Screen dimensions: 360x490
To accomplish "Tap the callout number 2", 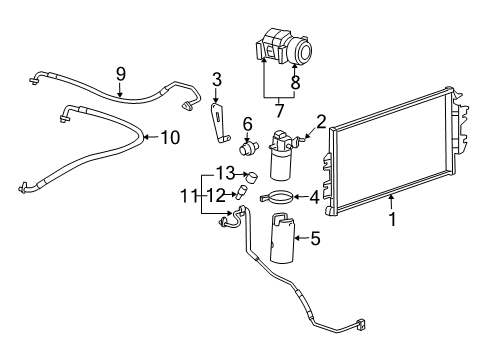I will pyautogui.click(x=321, y=122).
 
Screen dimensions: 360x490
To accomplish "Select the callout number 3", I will pyautogui.click(x=216, y=81).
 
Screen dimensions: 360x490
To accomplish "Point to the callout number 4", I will pyautogui.click(x=314, y=198).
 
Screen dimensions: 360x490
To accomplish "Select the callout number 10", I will pyautogui.click(x=170, y=137).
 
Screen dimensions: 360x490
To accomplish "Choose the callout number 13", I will pyautogui.click(x=227, y=173).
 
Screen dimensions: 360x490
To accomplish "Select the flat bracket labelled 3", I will pyautogui.click(x=215, y=116).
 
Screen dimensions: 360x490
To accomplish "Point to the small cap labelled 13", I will pyautogui.click(x=252, y=177).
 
